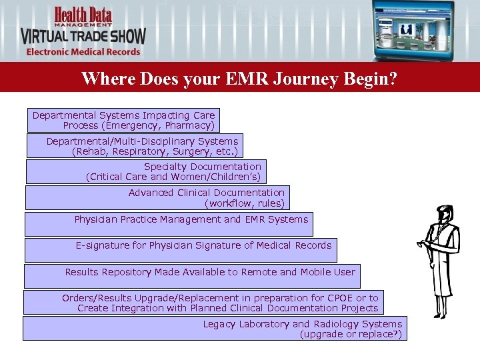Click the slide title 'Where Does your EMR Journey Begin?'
239,79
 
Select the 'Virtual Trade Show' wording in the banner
83,35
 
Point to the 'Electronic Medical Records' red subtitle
83,51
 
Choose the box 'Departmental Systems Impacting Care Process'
123,120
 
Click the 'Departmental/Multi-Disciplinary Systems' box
134,146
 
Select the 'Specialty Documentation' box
144,171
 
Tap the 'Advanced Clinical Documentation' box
157,197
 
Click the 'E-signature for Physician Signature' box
180,250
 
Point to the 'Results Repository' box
191,276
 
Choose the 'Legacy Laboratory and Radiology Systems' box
214,328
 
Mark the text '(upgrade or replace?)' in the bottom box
351,334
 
